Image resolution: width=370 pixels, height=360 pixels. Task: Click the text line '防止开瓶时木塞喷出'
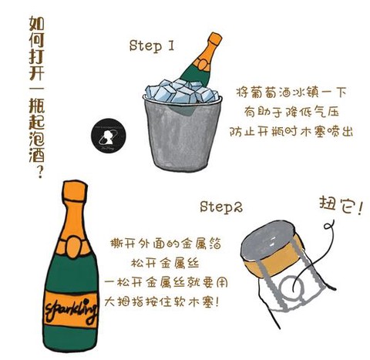click(x=292, y=130)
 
